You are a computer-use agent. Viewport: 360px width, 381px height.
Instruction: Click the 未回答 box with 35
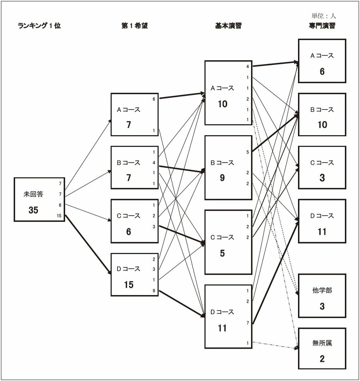39,199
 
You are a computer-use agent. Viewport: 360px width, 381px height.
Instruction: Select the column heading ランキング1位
39,26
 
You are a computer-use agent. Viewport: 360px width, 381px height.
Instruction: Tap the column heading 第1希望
135,26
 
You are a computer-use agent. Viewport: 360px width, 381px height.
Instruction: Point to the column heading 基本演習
228,26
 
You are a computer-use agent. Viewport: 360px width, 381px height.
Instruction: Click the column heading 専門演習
322,26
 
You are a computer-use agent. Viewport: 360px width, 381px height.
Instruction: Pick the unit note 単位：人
324,16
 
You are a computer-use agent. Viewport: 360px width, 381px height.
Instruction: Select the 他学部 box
322,296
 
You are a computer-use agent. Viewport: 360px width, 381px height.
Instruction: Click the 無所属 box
322,349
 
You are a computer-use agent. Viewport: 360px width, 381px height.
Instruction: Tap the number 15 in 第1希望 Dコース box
128,285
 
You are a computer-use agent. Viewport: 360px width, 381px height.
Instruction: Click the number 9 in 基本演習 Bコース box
222,178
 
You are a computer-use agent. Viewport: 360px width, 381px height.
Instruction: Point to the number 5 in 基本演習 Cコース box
222,253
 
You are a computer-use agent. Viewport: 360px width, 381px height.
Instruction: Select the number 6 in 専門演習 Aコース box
322,72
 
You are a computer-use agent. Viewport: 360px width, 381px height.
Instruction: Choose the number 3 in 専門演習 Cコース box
322,178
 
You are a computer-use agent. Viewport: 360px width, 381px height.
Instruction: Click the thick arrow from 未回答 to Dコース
88,244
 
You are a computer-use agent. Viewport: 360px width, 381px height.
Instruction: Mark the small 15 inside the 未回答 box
59,216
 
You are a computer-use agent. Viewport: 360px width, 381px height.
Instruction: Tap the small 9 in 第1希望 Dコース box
154,291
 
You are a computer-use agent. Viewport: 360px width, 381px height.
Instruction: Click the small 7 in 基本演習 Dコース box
248,323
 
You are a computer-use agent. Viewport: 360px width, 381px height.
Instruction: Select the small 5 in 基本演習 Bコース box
248,152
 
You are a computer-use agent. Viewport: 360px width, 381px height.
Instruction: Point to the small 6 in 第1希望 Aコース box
154,99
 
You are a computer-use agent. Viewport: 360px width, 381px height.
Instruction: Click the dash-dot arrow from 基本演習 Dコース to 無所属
276,345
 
